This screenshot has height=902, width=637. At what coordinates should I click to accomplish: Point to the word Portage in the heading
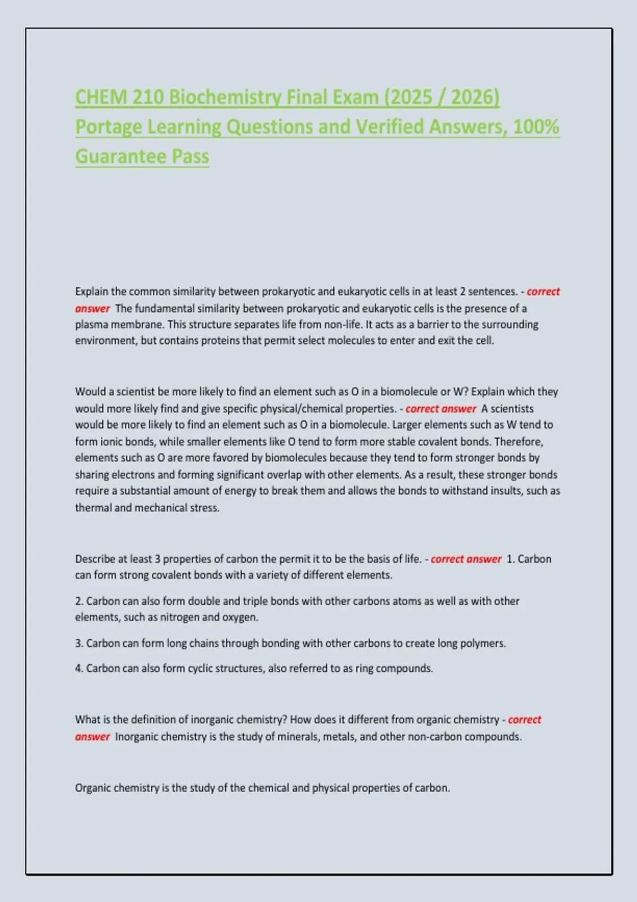click(108, 127)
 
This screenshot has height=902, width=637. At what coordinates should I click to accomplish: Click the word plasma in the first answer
click(91, 325)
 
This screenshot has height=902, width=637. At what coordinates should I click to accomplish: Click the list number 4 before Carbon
click(79, 669)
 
